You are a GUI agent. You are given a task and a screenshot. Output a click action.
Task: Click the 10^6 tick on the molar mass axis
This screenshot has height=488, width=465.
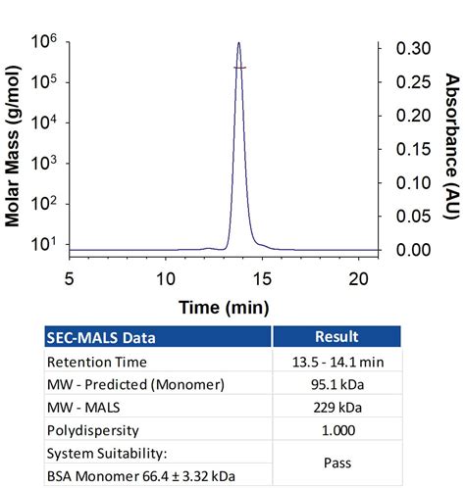pos(42,42)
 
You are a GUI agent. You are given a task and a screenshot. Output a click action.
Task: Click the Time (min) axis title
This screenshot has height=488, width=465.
pos(224,307)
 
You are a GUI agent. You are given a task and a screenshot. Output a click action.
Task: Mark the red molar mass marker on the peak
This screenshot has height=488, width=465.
pos(239,68)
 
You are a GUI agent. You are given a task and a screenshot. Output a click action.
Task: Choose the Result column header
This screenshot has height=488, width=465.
pos(332,336)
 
